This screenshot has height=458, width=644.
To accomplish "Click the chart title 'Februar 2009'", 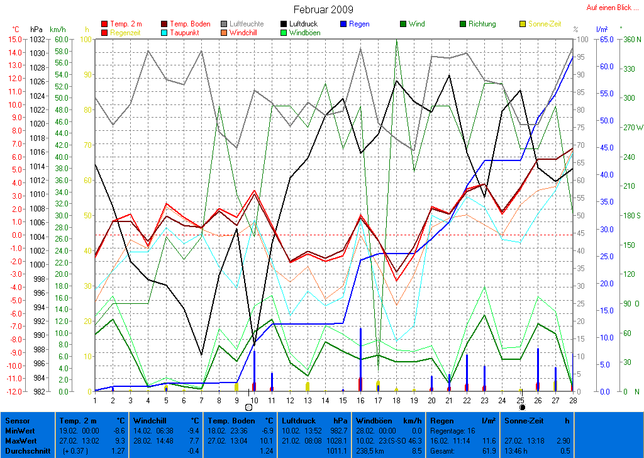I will tap(323, 9).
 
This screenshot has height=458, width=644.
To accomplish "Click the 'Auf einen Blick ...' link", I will tap(612, 8).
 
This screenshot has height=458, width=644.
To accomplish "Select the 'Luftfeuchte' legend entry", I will tap(247, 24).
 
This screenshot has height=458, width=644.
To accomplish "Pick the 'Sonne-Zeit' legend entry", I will tap(543, 24).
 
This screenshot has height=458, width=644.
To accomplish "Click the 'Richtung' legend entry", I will tap(482, 24).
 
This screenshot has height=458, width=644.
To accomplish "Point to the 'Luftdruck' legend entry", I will tap(303, 24).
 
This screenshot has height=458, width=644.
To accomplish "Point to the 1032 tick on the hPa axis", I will tap(36, 39).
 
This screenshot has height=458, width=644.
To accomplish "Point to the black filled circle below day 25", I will tap(521, 407).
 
